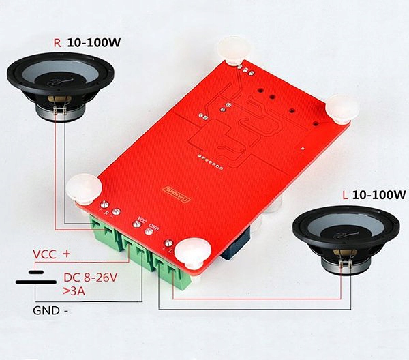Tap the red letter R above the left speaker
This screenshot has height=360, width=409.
pyautogui.click(x=57, y=42)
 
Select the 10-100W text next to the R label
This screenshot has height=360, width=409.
pyautogui.click(x=94, y=42)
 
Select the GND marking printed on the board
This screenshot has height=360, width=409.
pyautogui.click(x=153, y=226)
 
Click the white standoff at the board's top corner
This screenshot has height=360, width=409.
pyautogui.click(x=232, y=49)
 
